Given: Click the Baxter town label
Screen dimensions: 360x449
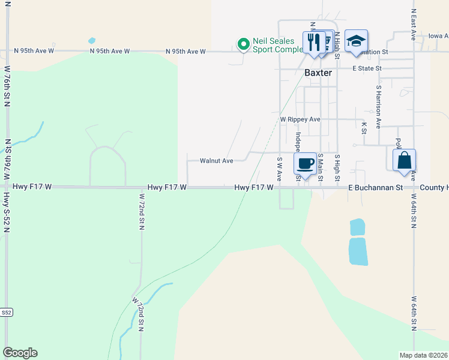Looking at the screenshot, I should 318,73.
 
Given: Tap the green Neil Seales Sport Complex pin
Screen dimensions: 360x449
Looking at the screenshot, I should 243,44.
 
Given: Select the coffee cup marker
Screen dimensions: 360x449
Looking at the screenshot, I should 306,163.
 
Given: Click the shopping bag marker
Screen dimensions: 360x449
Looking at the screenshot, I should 405,160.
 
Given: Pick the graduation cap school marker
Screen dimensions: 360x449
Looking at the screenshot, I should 356,41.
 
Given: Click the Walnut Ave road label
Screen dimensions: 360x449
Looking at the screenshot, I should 216,161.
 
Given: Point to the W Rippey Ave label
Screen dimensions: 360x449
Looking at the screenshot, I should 300,119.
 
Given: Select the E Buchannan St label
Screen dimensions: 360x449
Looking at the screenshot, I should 375,188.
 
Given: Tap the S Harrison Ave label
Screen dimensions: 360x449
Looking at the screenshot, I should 379,106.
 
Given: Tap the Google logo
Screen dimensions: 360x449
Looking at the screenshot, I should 20,353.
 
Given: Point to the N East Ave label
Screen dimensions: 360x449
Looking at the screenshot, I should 414,24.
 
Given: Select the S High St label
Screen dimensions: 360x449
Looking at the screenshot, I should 337,168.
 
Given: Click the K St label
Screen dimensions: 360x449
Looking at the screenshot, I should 364,127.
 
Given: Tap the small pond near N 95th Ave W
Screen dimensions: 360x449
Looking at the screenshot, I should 91,41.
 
